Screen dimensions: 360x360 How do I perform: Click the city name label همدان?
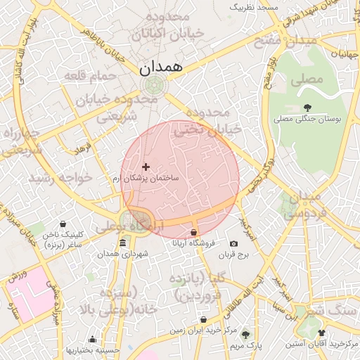(x=161, y=68)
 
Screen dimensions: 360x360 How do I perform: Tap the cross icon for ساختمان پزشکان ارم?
(x=146, y=167)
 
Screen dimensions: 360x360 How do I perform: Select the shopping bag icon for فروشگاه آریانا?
(x=194, y=232)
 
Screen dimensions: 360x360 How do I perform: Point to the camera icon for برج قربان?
(x=233, y=243)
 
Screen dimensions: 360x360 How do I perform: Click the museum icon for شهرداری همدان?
(x=123, y=243)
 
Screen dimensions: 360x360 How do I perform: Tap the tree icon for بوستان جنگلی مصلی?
(x=307, y=108)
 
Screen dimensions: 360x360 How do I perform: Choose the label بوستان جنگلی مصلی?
(x=307, y=120)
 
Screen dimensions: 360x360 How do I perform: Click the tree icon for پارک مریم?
(x=245, y=335)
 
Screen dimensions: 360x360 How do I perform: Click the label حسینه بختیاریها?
(x=92, y=349)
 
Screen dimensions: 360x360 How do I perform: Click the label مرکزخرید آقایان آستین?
(x=322, y=344)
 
